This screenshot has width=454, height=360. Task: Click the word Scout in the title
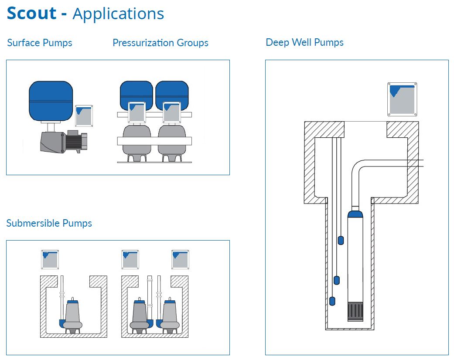tap(32, 13)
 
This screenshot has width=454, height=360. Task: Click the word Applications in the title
tap(118, 14)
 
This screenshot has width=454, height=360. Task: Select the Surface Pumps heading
tap(40, 43)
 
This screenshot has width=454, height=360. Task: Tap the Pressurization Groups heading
tap(160, 43)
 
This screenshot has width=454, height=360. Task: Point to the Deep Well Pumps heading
tap(304, 42)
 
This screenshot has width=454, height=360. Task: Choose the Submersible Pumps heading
tap(49, 223)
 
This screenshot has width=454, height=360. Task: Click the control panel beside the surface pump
tap(84, 115)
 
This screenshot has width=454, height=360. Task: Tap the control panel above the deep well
tap(402, 99)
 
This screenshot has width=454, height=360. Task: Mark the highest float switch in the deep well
tap(341, 240)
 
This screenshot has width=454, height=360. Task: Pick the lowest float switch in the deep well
tap(332, 301)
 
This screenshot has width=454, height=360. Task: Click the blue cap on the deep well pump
tap(355, 214)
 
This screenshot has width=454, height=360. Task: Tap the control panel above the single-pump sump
tap(50, 259)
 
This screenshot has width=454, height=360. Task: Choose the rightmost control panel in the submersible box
tap(180, 259)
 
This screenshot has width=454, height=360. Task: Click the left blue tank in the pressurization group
tap(136, 92)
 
